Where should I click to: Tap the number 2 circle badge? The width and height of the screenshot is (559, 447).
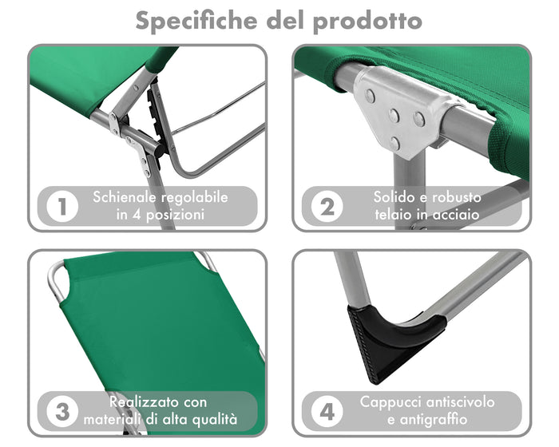(x=327, y=207)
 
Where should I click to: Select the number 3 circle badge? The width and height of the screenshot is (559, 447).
(x=62, y=412)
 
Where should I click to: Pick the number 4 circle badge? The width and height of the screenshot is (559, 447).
(x=327, y=412)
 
